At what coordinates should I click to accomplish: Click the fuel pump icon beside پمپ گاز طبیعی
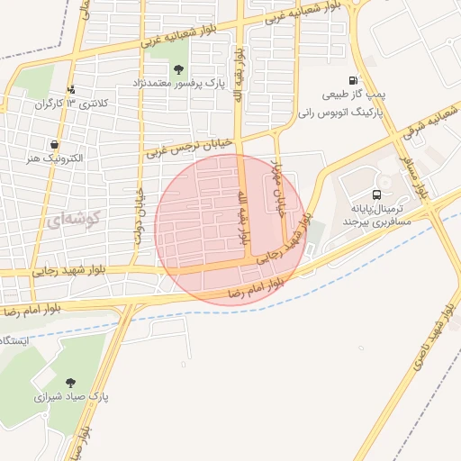point(352,80)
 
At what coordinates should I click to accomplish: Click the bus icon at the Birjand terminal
point(375,194)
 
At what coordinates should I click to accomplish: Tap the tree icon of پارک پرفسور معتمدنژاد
point(178,69)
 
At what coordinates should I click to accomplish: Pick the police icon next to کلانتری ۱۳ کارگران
point(72,89)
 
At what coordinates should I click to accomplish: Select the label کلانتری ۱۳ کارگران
point(71,104)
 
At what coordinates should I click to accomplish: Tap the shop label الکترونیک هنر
point(56,158)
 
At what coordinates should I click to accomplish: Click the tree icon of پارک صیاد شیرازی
point(70,382)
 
